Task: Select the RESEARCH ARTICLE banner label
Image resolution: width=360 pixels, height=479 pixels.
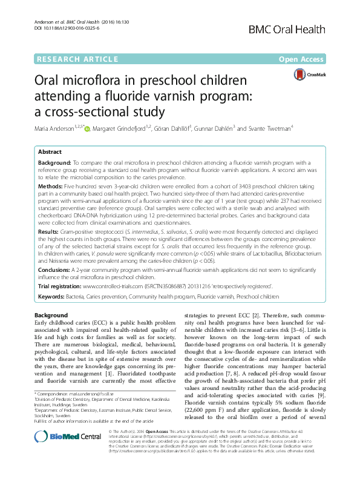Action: tap(77, 59)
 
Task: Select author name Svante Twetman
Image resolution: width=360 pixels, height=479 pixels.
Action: tap(270, 128)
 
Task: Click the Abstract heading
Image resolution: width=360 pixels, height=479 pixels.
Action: tap(50, 153)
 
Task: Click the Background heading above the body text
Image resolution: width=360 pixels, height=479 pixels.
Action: tap(51, 315)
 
